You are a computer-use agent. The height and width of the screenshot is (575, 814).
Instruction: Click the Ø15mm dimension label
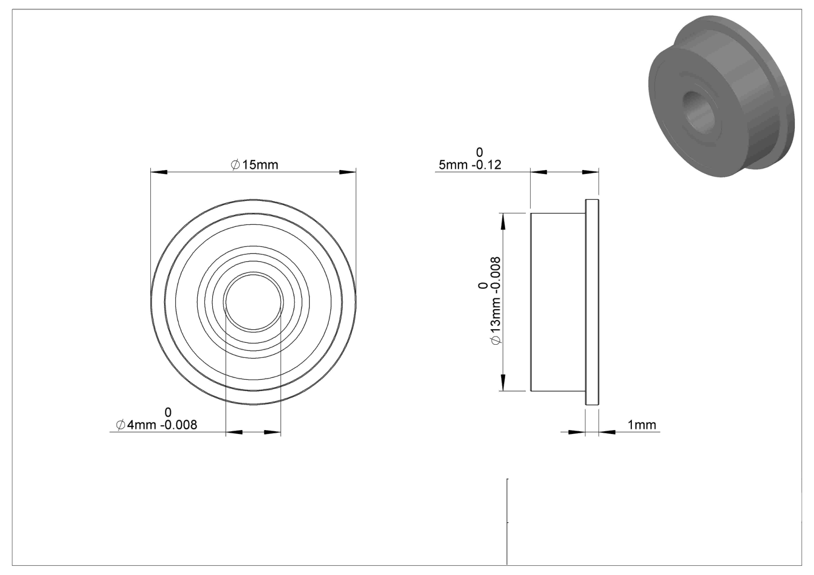[x=254, y=165]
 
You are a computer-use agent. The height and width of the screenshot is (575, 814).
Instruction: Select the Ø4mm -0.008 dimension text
[x=157, y=425]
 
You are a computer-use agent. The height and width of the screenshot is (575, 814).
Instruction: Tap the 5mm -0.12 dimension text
[x=470, y=165]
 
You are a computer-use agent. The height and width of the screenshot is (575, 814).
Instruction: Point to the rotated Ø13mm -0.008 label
[x=495, y=301]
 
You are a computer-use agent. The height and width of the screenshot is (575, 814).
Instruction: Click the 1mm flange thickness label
[x=642, y=425]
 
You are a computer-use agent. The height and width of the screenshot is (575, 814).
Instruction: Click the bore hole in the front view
[x=253, y=302]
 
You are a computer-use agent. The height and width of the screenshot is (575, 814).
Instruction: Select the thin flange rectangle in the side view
[x=592, y=302]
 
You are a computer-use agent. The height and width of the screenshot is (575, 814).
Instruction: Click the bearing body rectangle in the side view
[x=558, y=302]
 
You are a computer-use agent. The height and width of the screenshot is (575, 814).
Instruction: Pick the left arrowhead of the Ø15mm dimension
[x=159, y=172]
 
